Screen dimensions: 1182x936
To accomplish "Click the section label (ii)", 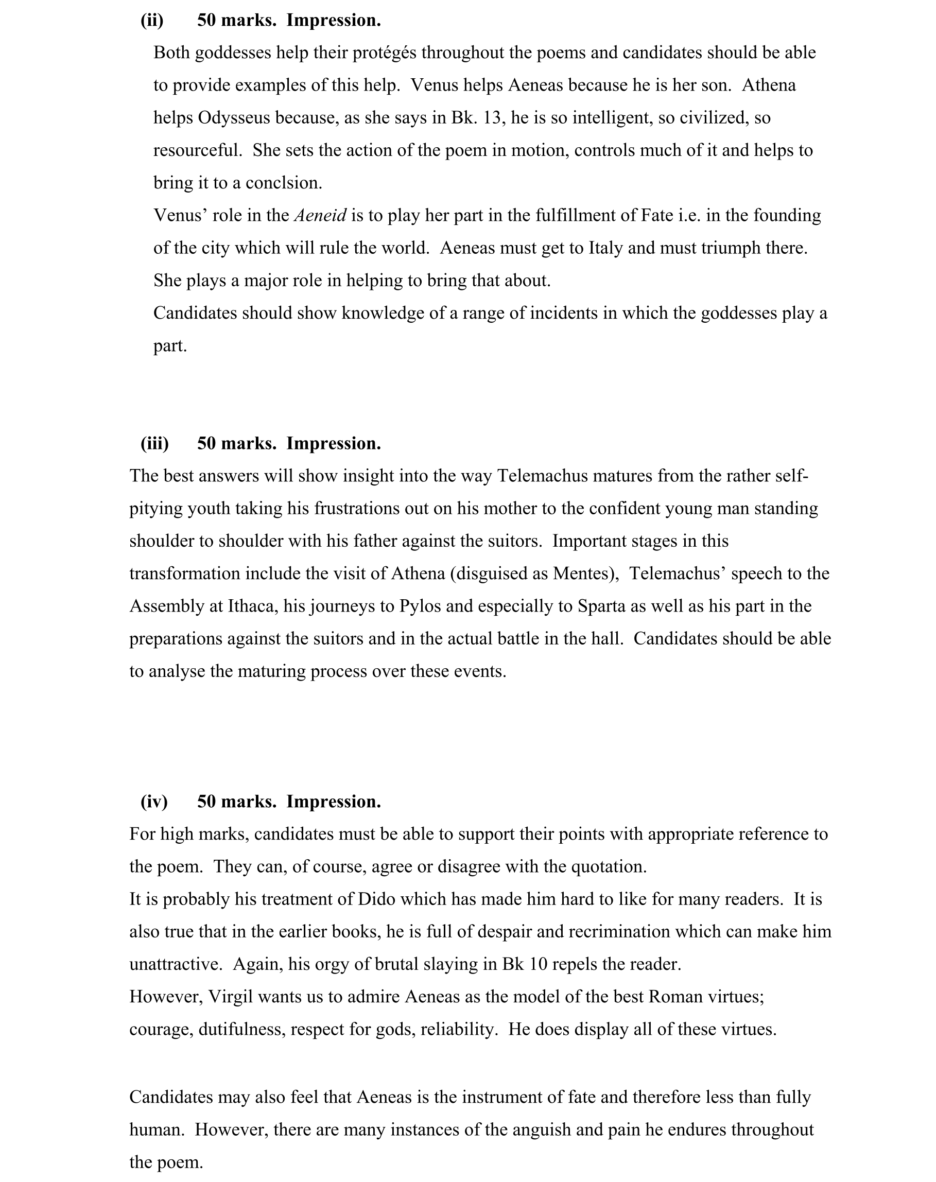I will click(152, 21).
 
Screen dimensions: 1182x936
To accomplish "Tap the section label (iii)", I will click(154, 444).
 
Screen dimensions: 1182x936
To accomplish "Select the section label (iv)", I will click(154, 802).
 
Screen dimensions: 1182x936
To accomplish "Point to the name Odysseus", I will click(233, 118).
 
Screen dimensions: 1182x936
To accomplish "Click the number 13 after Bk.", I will click(494, 118).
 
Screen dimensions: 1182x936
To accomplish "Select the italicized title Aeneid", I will click(320, 215).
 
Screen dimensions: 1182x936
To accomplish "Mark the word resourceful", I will click(197, 151).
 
